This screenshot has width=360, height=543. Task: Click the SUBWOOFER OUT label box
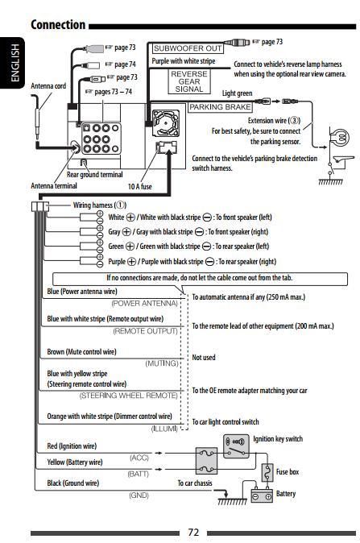pos(188,48)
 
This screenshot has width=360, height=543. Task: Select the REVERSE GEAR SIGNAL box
pos(189,81)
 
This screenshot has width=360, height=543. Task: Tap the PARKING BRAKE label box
pos(220,107)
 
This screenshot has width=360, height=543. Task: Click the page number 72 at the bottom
pos(193,532)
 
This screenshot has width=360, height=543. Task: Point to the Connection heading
pos(58,25)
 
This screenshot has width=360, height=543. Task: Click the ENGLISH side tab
pos(13,62)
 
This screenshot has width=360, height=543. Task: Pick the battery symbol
pos(262,495)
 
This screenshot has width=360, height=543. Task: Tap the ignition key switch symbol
pos(236,446)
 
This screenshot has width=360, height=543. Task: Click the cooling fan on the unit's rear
pos(165,123)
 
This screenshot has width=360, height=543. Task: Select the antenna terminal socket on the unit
pos(75,147)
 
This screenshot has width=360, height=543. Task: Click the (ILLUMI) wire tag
pos(164,429)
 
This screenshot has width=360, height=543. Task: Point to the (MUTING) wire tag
pos(162,363)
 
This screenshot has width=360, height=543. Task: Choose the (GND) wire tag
pos(139,495)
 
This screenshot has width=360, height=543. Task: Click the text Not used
pos(204,358)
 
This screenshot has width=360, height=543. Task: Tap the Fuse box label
pos(288,471)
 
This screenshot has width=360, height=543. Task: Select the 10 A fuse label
pos(140,187)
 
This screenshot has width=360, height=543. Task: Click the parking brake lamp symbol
pos(339,136)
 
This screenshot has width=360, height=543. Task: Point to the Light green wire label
pos(237,93)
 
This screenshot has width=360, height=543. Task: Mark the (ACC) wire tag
pos(139,458)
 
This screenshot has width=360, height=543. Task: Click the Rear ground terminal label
pos(94,175)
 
